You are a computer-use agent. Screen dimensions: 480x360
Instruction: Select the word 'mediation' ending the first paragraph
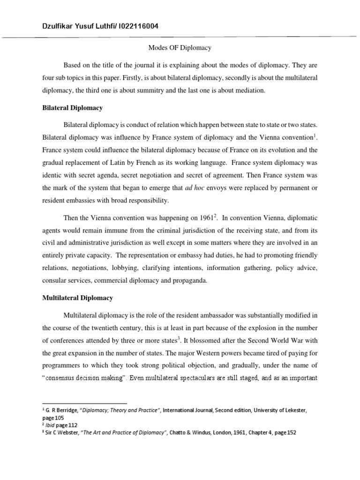click(x=250, y=91)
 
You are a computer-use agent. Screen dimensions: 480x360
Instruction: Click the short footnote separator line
click(x=84, y=403)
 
